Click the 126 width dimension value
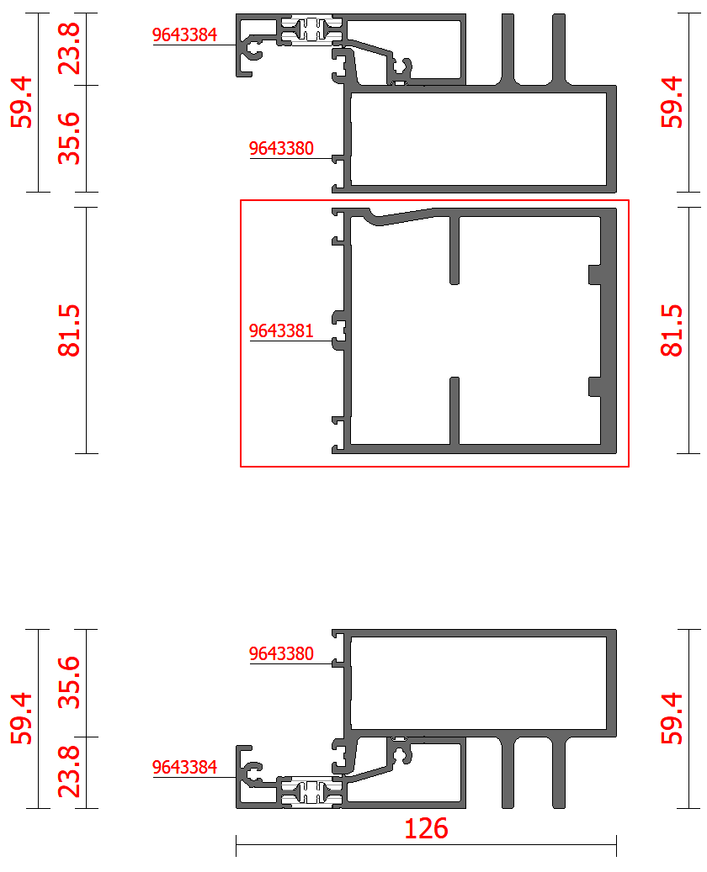pos(426,828)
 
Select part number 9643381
pos(281,331)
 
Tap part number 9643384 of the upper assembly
pos(184,35)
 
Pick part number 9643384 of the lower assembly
pos(184,768)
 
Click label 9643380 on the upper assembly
pos(281,149)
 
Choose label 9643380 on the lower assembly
pos(281,653)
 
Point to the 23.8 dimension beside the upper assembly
pos(69,49)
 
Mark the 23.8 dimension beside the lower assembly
pos(69,772)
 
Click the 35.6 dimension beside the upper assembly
pos(69,139)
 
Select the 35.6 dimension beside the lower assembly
pos(69,682)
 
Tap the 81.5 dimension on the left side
pos(69,330)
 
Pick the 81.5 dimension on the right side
pos(672,330)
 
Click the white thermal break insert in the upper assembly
pos(311,30)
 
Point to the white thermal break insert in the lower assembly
pos(311,792)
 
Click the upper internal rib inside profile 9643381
pos(454,250)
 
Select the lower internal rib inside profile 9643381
pos(454,411)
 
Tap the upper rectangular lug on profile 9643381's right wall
pos(595,275)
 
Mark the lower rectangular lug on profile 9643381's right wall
pos(595,387)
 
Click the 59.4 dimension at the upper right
pos(672,103)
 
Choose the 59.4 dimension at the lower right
pos(672,718)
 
